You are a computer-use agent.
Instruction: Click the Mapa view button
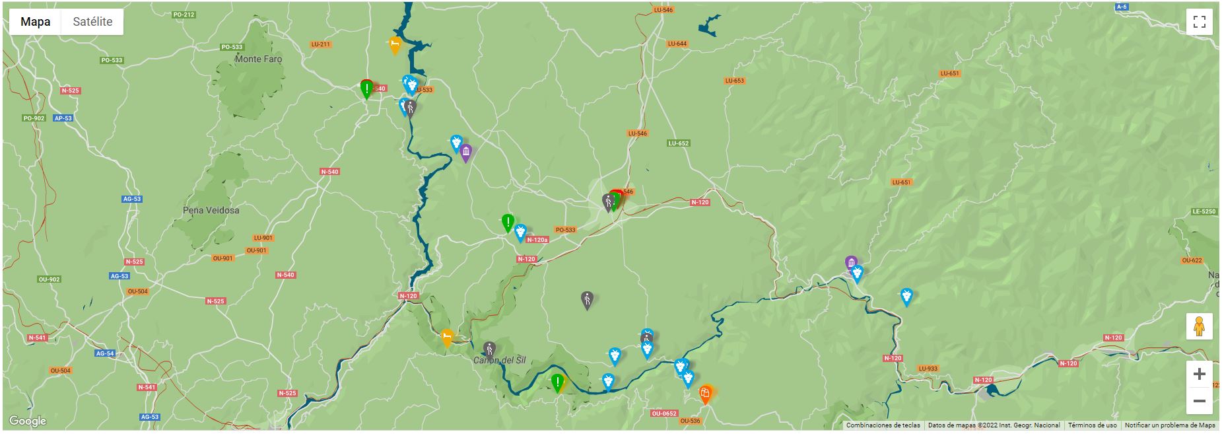click(35, 22)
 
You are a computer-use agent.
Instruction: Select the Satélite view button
click(92, 22)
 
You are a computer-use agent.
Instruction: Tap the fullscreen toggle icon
click(1199, 22)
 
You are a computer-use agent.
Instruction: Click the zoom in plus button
click(1199, 375)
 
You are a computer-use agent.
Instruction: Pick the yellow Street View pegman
click(1199, 326)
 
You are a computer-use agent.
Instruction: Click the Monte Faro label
click(258, 59)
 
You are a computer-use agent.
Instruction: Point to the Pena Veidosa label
click(211, 210)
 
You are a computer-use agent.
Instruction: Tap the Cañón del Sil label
click(499, 360)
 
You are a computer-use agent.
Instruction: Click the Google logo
click(28, 421)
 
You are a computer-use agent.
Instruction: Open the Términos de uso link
click(1092, 425)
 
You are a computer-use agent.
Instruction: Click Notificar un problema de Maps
click(1170, 425)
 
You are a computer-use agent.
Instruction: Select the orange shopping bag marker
click(705, 394)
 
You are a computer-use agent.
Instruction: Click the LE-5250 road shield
click(1204, 211)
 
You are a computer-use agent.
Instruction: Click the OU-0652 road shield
click(663, 414)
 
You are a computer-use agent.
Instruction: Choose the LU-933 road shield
click(927, 369)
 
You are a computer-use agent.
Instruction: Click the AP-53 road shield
click(63, 118)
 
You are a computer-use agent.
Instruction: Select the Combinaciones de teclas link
click(883, 425)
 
